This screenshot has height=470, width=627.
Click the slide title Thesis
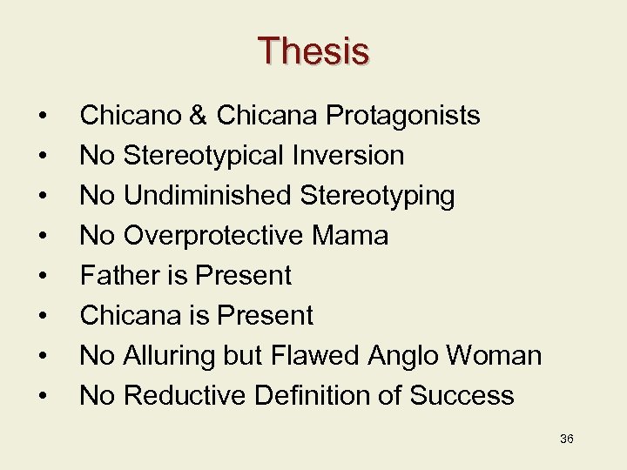coord(313,51)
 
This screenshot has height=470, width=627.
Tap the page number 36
coord(566,439)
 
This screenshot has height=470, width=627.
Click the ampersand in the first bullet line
coord(201,115)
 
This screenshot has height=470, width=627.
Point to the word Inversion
coord(348,155)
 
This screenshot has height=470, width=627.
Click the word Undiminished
coord(208,195)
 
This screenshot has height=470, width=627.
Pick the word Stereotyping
coord(377,195)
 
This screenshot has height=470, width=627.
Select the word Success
coord(462,395)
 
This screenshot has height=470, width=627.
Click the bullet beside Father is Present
coord(41,276)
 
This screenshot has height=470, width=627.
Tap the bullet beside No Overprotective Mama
coord(41,236)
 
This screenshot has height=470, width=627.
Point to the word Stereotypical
coord(204,155)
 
